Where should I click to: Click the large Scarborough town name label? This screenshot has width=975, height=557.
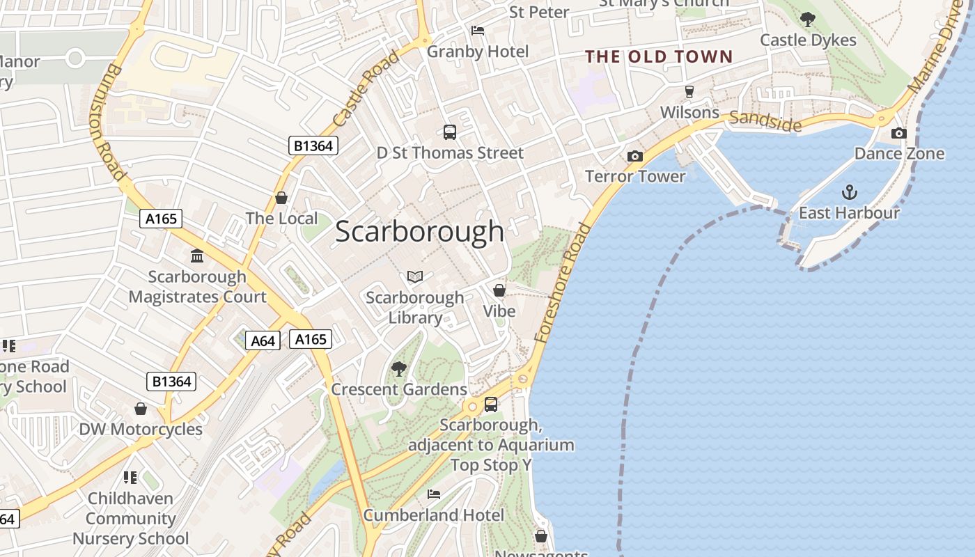point(419,232)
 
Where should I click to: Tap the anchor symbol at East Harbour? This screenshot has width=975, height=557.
point(849,192)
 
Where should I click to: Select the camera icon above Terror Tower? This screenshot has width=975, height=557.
point(634,156)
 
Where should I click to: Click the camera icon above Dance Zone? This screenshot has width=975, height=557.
point(899,133)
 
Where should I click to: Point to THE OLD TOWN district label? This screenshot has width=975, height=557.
point(659,57)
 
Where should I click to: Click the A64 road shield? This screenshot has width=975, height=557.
point(263,340)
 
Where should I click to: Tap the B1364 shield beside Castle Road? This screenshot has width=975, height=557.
point(313,146)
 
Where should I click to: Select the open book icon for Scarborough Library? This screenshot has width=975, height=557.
point(415,277)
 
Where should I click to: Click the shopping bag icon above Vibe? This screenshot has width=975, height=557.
point(499,290)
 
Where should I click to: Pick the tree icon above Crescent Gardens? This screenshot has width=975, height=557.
point(399,368)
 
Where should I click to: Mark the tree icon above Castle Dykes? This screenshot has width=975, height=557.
point(808,19)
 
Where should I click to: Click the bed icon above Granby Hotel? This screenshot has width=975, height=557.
point(478,31)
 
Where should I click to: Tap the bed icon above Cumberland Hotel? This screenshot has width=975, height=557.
point(434,494)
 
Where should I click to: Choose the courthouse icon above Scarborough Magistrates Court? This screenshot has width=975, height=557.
point(197,256)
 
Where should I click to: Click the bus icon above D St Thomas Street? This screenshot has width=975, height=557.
point(450,132)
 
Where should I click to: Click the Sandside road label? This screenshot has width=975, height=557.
point(766,121)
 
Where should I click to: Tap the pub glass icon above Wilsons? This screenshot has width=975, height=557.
point(689,92)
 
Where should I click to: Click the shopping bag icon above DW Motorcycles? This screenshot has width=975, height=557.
point(141,409)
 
